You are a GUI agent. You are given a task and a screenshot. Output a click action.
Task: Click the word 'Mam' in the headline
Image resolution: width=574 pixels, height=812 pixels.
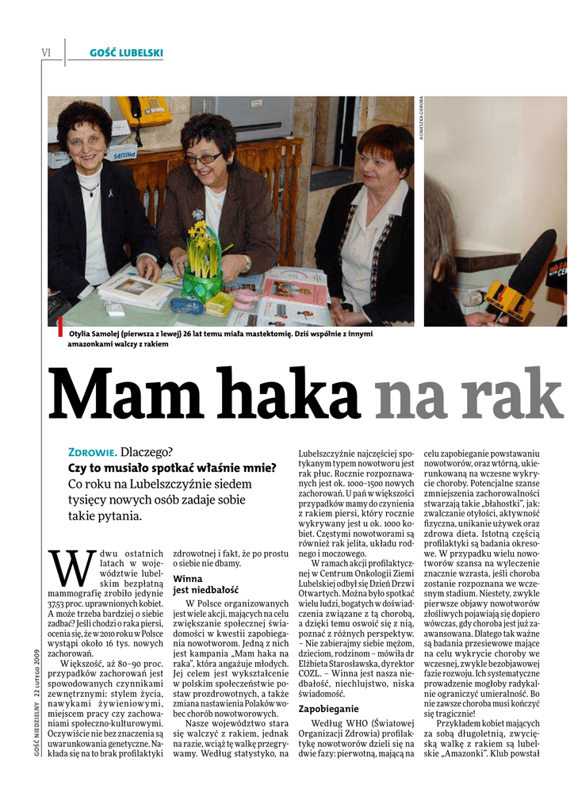coord(126,395)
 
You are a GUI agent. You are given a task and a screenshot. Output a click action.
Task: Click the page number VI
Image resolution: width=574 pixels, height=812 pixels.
coord(46,53)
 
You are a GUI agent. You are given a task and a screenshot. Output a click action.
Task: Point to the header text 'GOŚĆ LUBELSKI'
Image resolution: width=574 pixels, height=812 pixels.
coord(127,53)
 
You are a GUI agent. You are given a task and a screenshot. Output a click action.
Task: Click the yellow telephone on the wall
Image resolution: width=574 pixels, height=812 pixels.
coord(143,110)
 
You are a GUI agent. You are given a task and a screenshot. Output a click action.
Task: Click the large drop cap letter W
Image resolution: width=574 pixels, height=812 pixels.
coord(68,568)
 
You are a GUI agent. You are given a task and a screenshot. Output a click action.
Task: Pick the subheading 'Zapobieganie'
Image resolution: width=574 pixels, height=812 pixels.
coord(328,708)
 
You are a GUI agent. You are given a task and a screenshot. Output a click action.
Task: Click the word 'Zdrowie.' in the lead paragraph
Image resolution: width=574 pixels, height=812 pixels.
coord(92,452)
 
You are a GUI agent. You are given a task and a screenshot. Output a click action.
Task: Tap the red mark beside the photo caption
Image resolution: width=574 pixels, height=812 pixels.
coord(59,327)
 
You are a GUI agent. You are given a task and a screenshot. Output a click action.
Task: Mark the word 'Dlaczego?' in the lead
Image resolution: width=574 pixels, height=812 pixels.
coord(146,452)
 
